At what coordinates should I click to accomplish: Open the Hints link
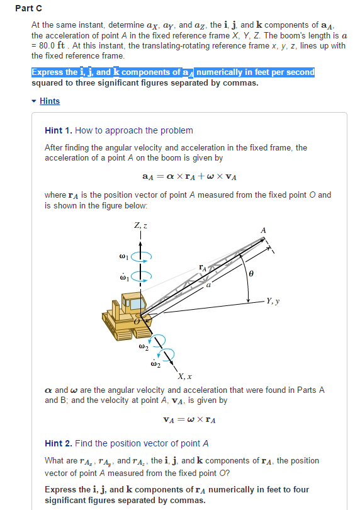[50, 101]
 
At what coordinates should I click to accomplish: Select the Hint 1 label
[58, 130]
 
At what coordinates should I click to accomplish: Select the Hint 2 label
[58, 443]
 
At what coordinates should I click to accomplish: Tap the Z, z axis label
[140, 226]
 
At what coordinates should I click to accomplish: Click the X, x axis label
[184, 376]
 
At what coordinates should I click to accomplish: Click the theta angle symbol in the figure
[252, 275]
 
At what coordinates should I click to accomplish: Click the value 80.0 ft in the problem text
[55, 45]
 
